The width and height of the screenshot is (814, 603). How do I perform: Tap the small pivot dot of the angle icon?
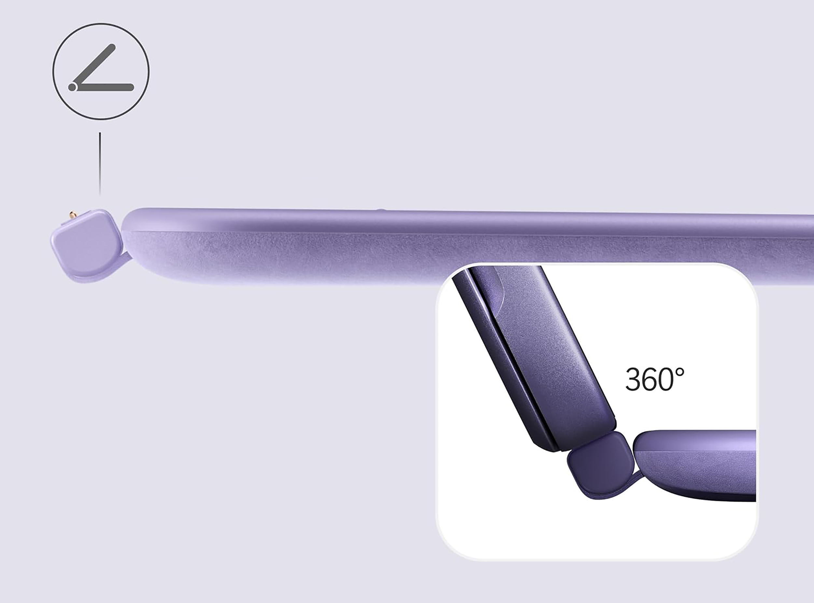(72, 87)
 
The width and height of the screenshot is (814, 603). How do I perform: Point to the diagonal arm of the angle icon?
(94, 66)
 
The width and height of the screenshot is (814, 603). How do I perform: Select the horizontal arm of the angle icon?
(104, 87)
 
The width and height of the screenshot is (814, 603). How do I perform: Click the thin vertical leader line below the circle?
(100, 163)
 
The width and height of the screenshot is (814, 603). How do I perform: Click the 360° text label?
(654, 379)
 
